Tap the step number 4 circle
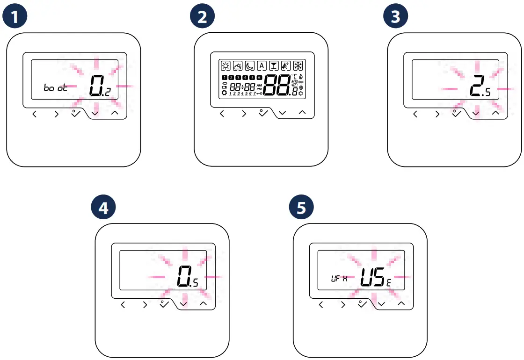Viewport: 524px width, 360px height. (x=103, y=208)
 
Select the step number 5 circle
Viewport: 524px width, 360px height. (x=301, y=208)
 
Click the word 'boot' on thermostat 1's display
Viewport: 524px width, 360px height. (x=55, y=88)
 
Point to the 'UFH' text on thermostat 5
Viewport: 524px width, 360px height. (x=339, y=279)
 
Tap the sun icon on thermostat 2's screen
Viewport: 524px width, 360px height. (x=226, y=66)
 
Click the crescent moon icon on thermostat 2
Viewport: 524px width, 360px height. (x=250, y=66)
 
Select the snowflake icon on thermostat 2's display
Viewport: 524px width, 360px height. (x=298, y=66)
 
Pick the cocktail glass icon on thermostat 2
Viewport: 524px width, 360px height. (x=274, y=66)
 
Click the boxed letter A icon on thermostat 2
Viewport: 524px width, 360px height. (x=262, y=66)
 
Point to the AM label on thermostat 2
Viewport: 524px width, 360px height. (x=259, y=85)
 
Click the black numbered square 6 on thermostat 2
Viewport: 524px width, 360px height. (x=260, y=77)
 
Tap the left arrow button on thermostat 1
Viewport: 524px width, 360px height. (x=35, y=114)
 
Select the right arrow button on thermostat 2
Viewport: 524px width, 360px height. (x=244, y=113)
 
